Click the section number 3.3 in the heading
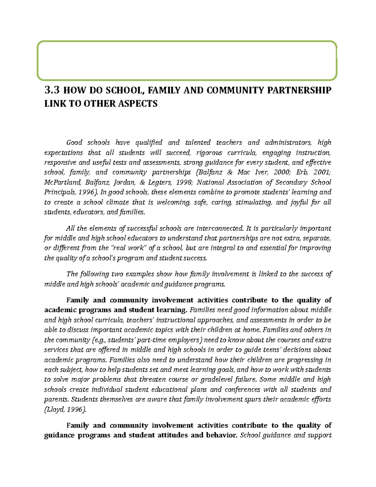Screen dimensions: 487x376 (x=52, y=90)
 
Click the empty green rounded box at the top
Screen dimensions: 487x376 (x=187, y=61)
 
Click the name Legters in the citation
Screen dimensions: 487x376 (x=155, y=183)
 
